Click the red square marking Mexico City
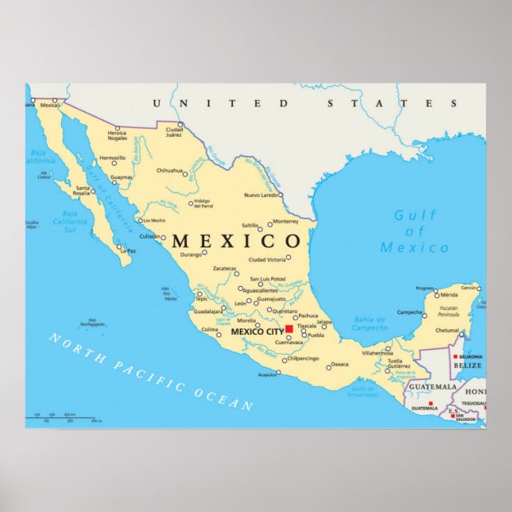(x=289, y=328)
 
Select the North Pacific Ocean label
(x=150, y=372)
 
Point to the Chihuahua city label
(x=169, y=170)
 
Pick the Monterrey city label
(x=285, y=221)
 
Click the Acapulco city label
(x=267, y=374)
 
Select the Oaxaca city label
(x=339, y=364)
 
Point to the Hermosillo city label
(x=113, y=157)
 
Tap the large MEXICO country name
(x=237, y=241)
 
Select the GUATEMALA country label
(x=433, y=387)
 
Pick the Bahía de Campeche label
(x=369, y=323)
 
